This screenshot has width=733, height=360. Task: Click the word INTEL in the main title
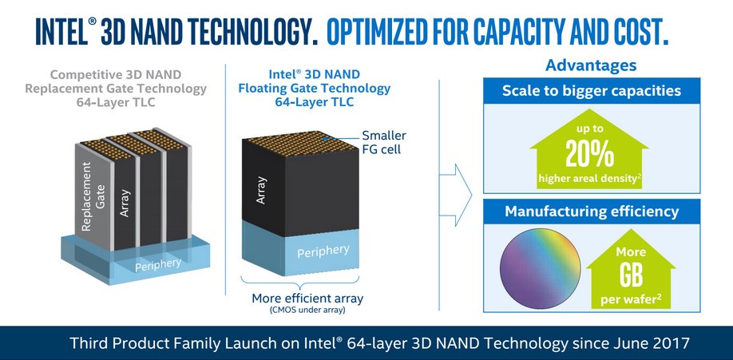62,31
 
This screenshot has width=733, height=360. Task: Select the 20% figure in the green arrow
589,153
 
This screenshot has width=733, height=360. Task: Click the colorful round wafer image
540,269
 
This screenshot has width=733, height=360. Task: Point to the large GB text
631,275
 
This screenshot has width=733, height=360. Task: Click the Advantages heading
591,65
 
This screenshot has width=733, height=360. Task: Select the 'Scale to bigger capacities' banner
592,90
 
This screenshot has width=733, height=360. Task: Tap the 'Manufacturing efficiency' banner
592,212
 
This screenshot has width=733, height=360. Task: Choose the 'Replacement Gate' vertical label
93,196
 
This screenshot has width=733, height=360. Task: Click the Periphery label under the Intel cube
323,251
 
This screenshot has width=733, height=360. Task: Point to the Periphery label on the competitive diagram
158,265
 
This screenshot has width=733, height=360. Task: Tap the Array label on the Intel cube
261,190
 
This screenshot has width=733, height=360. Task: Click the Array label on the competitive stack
125,203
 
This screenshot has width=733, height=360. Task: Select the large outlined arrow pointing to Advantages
456,195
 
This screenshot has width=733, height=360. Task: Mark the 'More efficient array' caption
307,299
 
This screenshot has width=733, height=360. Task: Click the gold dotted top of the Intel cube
300,143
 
